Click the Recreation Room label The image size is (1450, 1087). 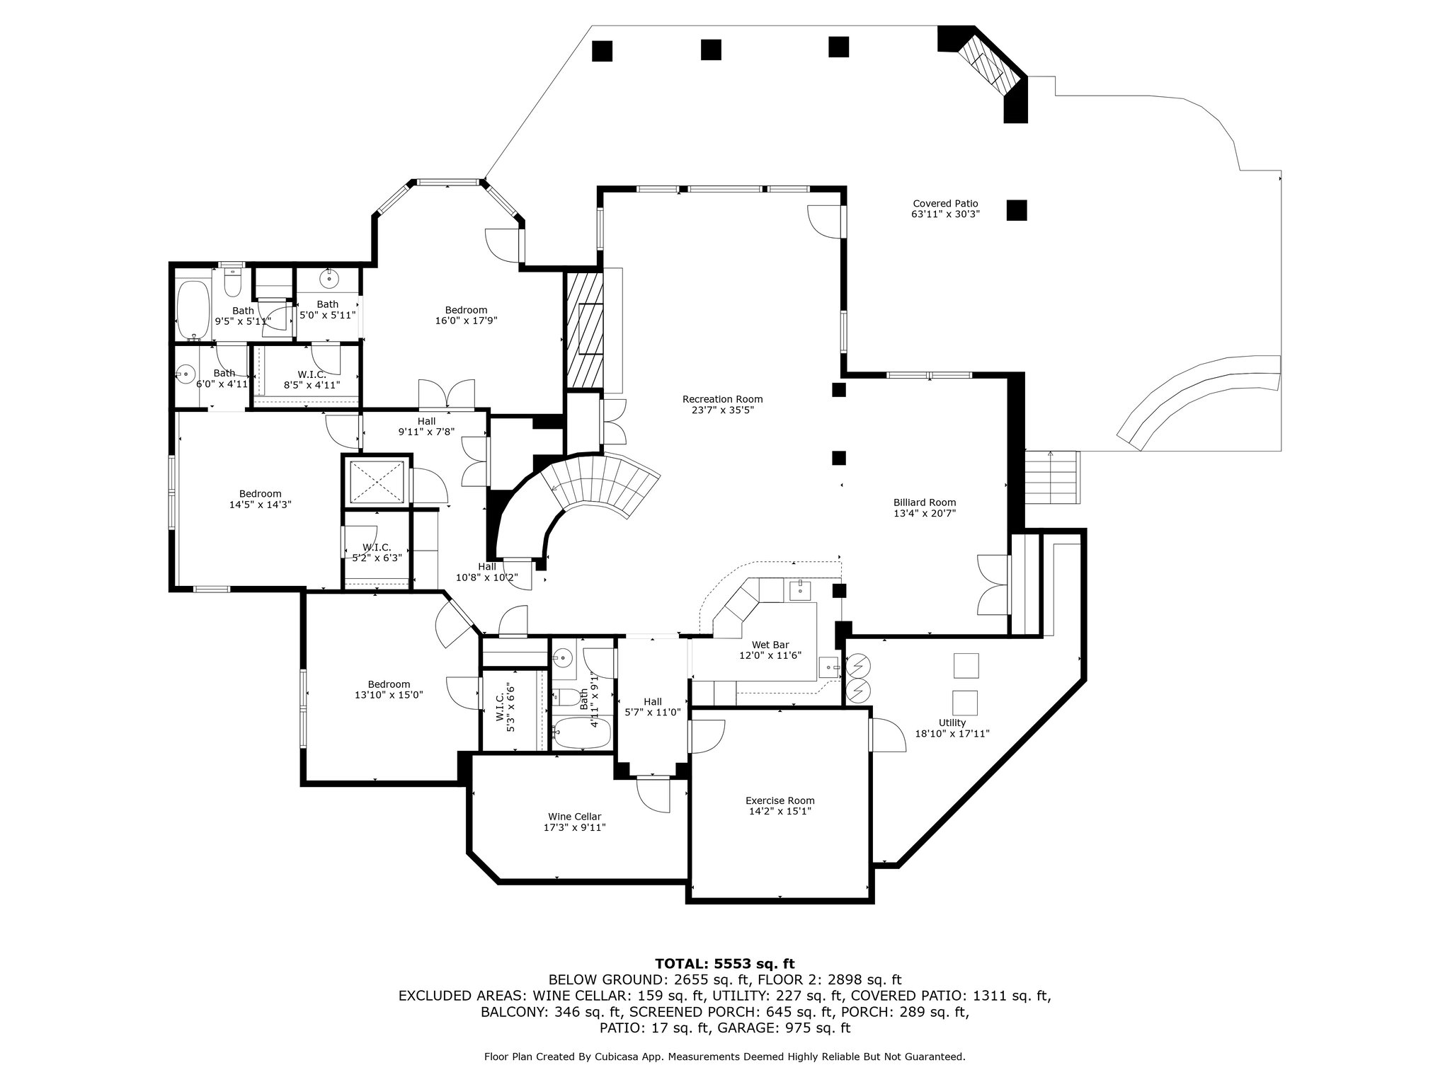tap(722, 399)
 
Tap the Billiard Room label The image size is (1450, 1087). tap(925, 502)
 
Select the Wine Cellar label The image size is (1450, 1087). tap(574, 817)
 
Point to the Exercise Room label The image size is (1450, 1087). tap(780, 801)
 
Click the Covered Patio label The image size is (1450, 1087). tap(945, 204)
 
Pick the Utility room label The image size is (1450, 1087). tap(952, 723)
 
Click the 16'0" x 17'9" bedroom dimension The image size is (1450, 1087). tap(466, 321)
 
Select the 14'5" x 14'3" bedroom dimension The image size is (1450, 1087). tap(260, 505)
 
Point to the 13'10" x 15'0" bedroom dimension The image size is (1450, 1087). tap(389, 695)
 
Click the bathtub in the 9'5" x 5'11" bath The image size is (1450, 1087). tap(191, 309)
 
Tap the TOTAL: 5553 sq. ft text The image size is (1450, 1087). tap(725, 963)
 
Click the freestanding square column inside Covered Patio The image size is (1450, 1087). tap(1017, 210)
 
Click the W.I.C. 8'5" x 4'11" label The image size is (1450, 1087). tap(312, 380)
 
